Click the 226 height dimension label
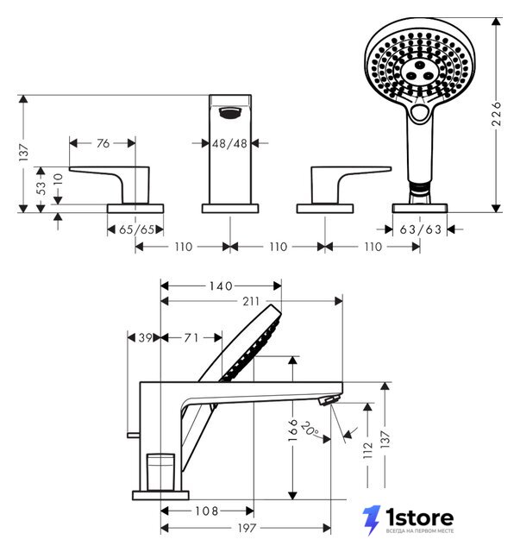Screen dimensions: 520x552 (497, 114)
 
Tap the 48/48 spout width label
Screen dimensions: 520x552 (229, 144)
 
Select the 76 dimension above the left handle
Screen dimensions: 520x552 (103, 143)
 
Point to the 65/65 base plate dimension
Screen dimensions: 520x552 (136, 229)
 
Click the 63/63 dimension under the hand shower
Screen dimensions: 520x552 (420, 229)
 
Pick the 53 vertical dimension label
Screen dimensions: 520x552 (41, 188)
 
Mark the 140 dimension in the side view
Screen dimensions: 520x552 (221, 285)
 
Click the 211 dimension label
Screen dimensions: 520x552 (251, 301)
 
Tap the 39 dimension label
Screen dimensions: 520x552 (145, 338)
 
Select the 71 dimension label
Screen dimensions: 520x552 (191, 338)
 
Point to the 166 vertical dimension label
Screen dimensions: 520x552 (292, 430)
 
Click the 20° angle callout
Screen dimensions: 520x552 (310, 428)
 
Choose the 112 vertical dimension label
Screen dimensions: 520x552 (367, 450)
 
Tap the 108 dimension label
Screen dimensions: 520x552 (207, 511)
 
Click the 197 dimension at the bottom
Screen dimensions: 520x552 (247, 528)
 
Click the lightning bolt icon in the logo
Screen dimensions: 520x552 (372, 520)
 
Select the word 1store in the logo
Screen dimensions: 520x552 (419, 517)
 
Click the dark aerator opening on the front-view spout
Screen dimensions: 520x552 (230, 113)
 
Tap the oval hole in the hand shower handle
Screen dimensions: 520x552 (420, 113)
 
